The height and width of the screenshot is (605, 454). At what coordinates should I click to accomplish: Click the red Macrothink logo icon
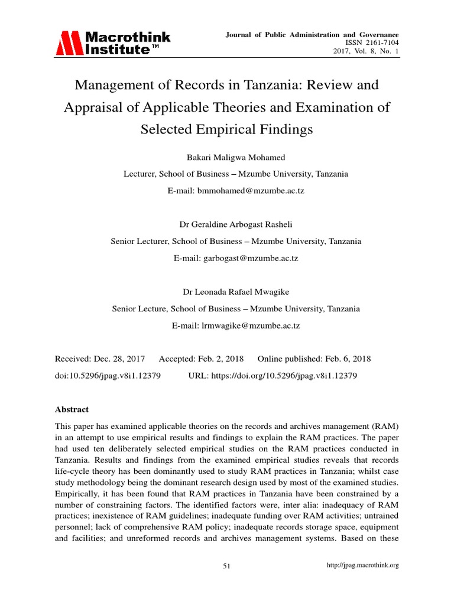coord(70,43)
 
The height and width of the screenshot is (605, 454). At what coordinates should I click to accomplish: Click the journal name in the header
coord(312,35)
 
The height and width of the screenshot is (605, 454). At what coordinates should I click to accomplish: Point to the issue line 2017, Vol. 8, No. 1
coord(367,52)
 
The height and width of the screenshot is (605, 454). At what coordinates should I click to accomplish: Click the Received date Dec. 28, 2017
coord(124,359)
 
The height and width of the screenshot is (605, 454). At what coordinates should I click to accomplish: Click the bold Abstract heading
coord(72,409)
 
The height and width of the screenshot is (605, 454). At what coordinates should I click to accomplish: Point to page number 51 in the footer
coord(226,566)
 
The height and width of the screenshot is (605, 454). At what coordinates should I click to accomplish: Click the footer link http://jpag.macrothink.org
coord(363,565)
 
